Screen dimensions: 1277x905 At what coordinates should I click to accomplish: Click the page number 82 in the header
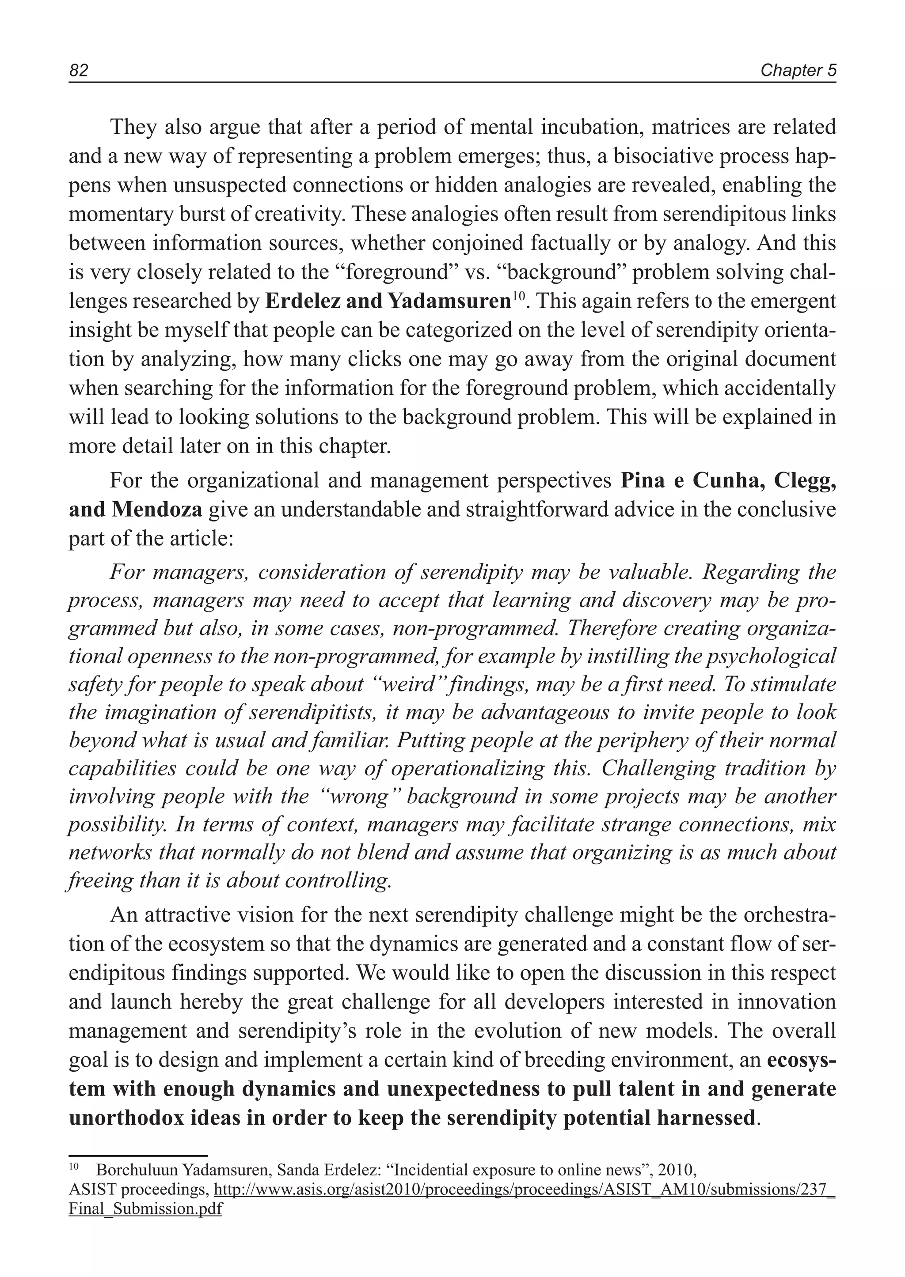point(79,71)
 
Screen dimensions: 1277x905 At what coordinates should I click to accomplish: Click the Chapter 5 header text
point(798,71)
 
